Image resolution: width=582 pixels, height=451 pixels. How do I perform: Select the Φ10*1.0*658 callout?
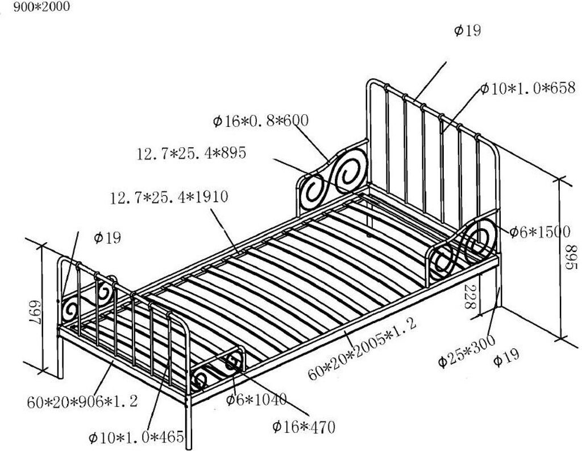click(x=528, y=88)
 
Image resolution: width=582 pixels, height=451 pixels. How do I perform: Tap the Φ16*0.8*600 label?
click(x=261, y=121)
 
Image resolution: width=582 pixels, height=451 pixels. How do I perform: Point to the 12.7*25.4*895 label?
click(x=192, y=154)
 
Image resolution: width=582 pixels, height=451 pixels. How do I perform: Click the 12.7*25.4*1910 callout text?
click(x=169, y=197)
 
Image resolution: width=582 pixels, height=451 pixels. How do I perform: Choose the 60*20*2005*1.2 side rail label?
click(x=363, y=349)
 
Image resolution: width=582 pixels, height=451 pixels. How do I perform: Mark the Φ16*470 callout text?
click(x=304, y=426)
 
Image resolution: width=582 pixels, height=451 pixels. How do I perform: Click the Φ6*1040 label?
click(x=256, y=399)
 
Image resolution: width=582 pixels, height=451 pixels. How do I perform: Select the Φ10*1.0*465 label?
click(x=136, y=437)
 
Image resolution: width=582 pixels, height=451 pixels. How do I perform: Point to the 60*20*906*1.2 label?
click(x=82, y=402)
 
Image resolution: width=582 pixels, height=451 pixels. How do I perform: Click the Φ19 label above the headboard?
click(x=467, y=31)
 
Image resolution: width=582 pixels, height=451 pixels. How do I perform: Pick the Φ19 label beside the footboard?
click(x=107, y=237)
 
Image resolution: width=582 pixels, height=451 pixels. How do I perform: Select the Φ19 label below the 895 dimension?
click(x=506, y=358)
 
